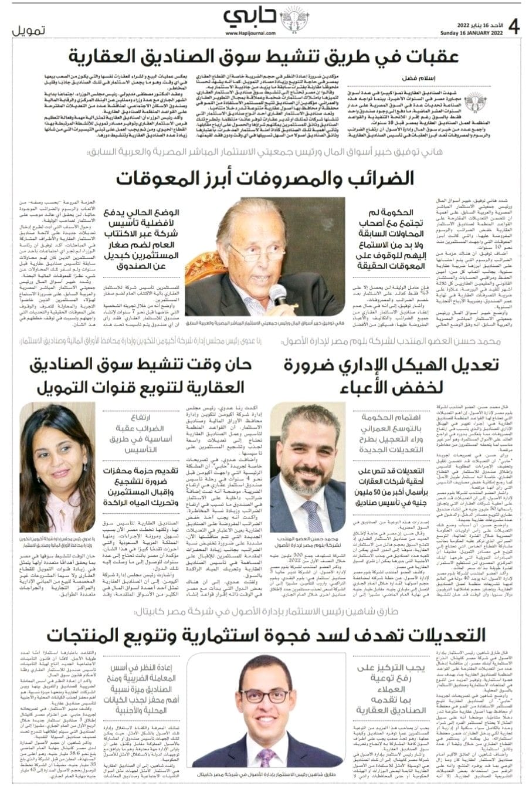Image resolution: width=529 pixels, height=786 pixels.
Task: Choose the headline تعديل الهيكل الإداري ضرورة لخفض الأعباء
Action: (x=391, y=375)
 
